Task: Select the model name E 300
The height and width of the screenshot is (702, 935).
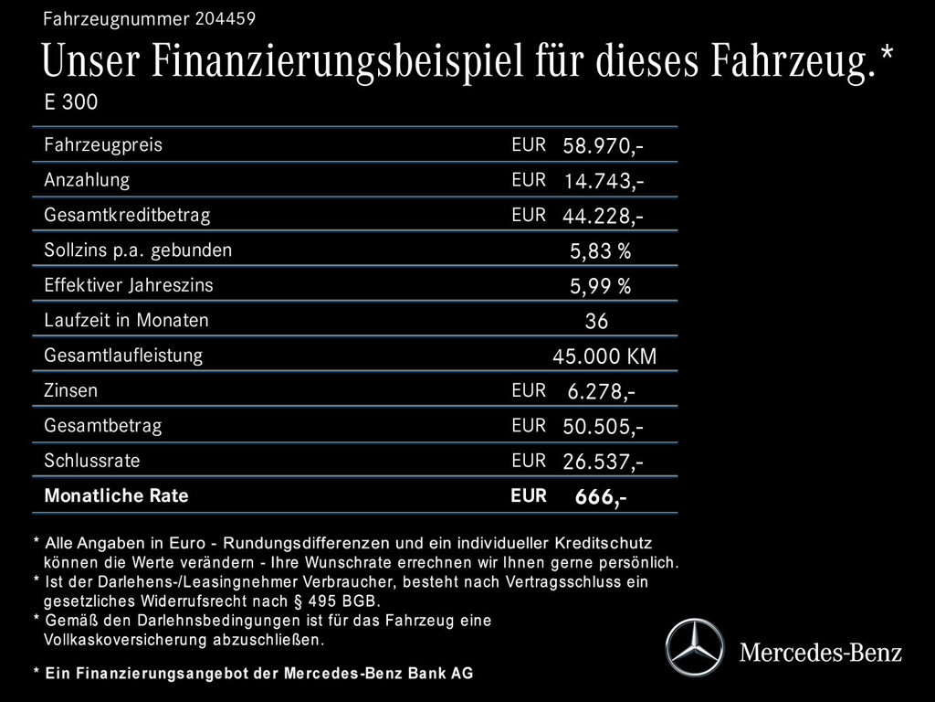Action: pos(70,101)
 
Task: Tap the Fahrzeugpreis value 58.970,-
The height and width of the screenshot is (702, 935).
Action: pos(603,146)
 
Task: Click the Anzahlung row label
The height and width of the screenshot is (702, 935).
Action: pos(87,180)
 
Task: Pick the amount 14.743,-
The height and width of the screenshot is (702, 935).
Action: pos(603,181)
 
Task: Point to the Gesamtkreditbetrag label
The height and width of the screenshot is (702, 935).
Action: pos(127,216)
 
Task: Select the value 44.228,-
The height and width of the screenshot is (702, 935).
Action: pos(603,217)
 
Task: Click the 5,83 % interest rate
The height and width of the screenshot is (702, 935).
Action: pos(600,251)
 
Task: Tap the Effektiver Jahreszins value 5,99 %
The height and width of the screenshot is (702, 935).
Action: pos(600,286)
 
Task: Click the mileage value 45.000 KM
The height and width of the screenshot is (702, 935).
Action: pos(604,356)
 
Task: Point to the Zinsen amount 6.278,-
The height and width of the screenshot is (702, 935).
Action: pos(601,392)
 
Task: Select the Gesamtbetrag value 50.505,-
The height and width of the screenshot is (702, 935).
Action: pos(603,427)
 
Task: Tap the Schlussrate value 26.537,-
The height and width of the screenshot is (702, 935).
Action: pos(603,462)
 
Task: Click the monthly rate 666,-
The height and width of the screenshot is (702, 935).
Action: pos(600,497)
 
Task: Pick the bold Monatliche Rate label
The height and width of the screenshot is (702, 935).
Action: pos(116,496)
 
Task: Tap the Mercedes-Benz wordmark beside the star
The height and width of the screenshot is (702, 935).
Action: pos(820,653)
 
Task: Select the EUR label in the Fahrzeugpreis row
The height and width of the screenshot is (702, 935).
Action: pos(529,144)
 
